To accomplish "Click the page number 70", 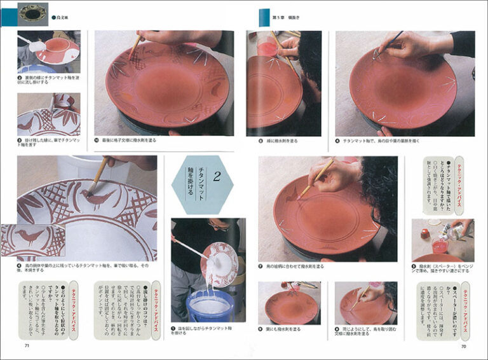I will click(x=463, y=346).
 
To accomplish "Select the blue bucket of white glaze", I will click(x=209, y=305).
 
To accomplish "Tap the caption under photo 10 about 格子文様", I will click(x=133, y=140).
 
